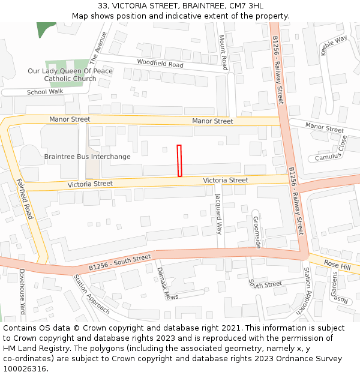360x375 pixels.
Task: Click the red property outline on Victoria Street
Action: (x=179, y=161)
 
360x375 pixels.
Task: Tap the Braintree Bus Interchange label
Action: (x=87, y=157)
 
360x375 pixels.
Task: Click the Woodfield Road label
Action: (x=160, y=63)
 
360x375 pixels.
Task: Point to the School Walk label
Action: (x=45, y=92)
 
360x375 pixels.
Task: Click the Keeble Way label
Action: (x=334, y=46)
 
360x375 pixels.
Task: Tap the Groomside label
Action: (x=257, y=232)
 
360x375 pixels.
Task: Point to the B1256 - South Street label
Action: (x=120, y=262)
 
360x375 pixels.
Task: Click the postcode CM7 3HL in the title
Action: (x=246, y=6)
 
